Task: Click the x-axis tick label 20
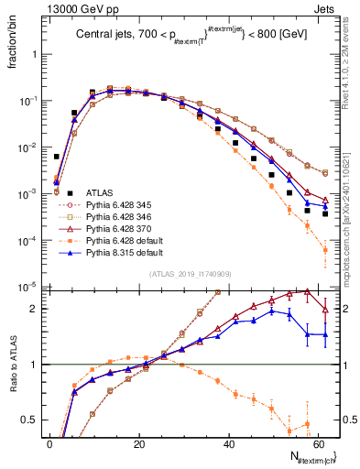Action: tap(137, 442)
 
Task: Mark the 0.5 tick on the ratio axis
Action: tap(34, 420)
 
